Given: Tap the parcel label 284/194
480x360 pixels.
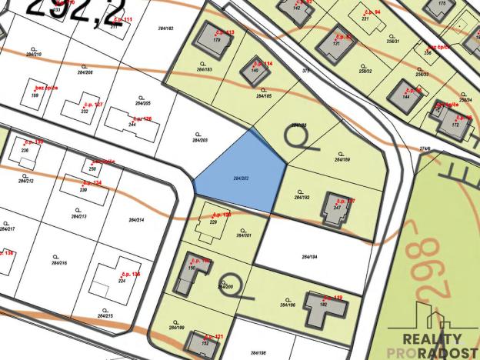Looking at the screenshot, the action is (309, 256).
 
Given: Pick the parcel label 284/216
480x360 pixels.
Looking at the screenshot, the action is (58, 264).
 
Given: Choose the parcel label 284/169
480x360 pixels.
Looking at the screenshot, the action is (342, 159).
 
